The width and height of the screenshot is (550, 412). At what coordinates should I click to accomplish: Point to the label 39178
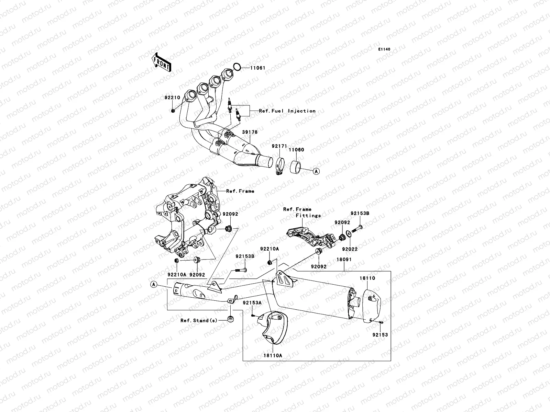coord(250,132)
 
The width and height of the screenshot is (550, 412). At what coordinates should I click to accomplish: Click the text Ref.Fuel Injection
coord(287,111)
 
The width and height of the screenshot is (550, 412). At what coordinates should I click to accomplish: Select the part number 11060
coord(296,150)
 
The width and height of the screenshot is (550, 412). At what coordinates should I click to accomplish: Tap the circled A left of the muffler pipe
coord(154,284)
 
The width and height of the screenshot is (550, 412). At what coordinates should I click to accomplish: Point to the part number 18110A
coord(273,355)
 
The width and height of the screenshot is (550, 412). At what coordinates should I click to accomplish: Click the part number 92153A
coord(252,303)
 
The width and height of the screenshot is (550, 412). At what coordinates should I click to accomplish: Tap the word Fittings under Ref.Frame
coord(308,216)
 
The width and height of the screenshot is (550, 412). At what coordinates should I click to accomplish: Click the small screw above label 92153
coord(382,322)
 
